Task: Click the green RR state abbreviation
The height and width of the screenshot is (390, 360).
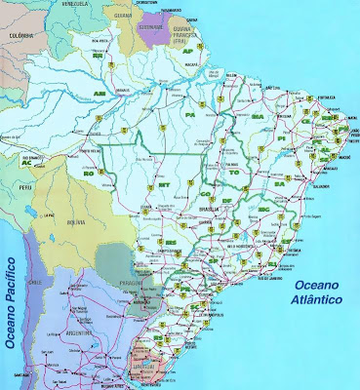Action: tap(98, 56)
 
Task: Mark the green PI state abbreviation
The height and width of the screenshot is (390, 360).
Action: tap(284, 138)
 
